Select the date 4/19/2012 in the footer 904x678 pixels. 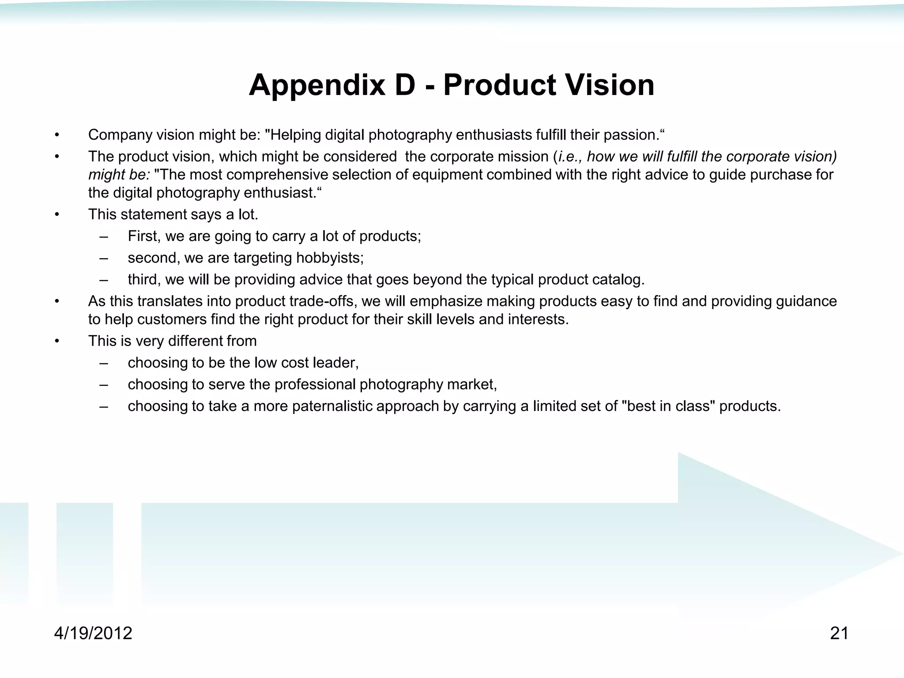pyautogui.click(x=93, y=633)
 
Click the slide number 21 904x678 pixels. pyautogui.click(x=839, y=633)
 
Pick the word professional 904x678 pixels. pyautogui.click(x=315, y=384)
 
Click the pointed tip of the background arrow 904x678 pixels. pyautogui.click(x=900, y=554)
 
